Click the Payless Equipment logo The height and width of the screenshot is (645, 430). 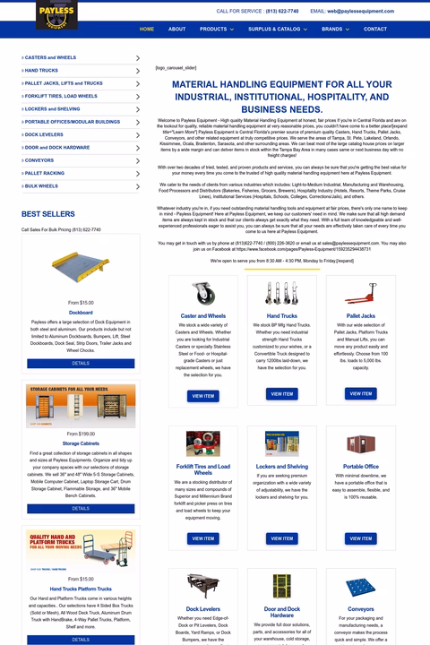coord(56,14)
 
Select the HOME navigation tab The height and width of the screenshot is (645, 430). coord(147,29)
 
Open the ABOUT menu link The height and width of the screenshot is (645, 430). coord(177,29)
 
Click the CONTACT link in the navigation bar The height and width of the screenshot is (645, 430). coord(375,29)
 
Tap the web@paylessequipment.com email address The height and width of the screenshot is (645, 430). coord(360,11)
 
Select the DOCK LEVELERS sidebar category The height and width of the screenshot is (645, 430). coord(45,134)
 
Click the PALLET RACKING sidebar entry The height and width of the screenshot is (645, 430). coord(45,173)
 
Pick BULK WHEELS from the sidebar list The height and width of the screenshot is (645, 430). coord(41,185)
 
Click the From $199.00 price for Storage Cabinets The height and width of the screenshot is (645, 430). coord(81,434)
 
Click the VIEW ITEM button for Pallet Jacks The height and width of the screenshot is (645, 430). coord(361,393)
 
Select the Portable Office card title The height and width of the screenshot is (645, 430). coord(361,467)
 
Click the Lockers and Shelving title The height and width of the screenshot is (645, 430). coord(282,467)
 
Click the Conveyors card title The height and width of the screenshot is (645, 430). coord(361,609)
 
